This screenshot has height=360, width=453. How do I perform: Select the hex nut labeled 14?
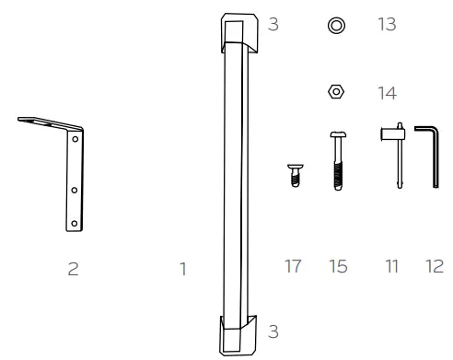(x=337, y=92)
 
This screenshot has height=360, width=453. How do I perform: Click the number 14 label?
(x=387, y=92)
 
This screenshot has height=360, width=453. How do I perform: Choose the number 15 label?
(x=337, y=269)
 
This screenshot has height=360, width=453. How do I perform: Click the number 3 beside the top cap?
(x=273, y=25)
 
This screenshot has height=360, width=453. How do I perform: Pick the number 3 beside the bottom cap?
(x=273, y=329)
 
